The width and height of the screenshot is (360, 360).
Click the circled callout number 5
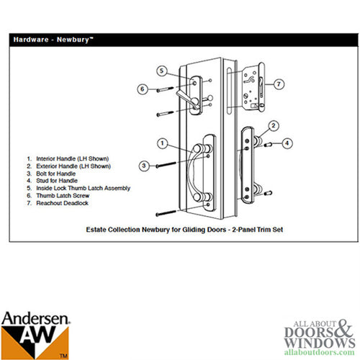pyautogui.click(x=162, y=71)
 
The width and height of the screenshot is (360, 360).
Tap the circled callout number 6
pyautogui.click(x=143, y=89)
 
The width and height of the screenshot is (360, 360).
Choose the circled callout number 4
pyautogui.click(x=287, y=143)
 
